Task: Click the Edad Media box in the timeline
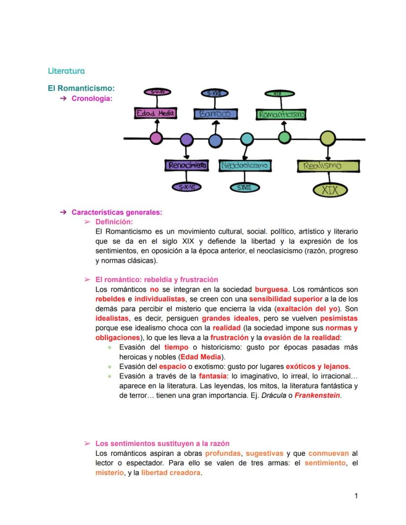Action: (x=155, y=113)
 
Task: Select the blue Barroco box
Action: (x=215, y=114)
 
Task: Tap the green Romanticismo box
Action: (x=281, y=114)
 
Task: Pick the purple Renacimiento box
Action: (x=186, y=166)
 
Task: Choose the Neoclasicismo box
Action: (x=245, y=166)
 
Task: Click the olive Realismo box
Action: (x=329, y=166)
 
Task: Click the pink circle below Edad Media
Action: (x=156, y=138)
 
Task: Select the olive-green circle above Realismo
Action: (x=328, y=139)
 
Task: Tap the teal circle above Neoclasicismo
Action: (x=247, y=140)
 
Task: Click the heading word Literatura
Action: (x=66, y=71)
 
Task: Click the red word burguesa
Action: (x=271, y=289)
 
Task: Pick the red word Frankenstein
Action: (x=317, y=396)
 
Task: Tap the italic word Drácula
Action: (x=273, y=396)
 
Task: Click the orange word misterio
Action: (x=108, y=473)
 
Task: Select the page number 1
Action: (x=356, y=496)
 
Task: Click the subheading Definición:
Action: (x=114, y=222)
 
